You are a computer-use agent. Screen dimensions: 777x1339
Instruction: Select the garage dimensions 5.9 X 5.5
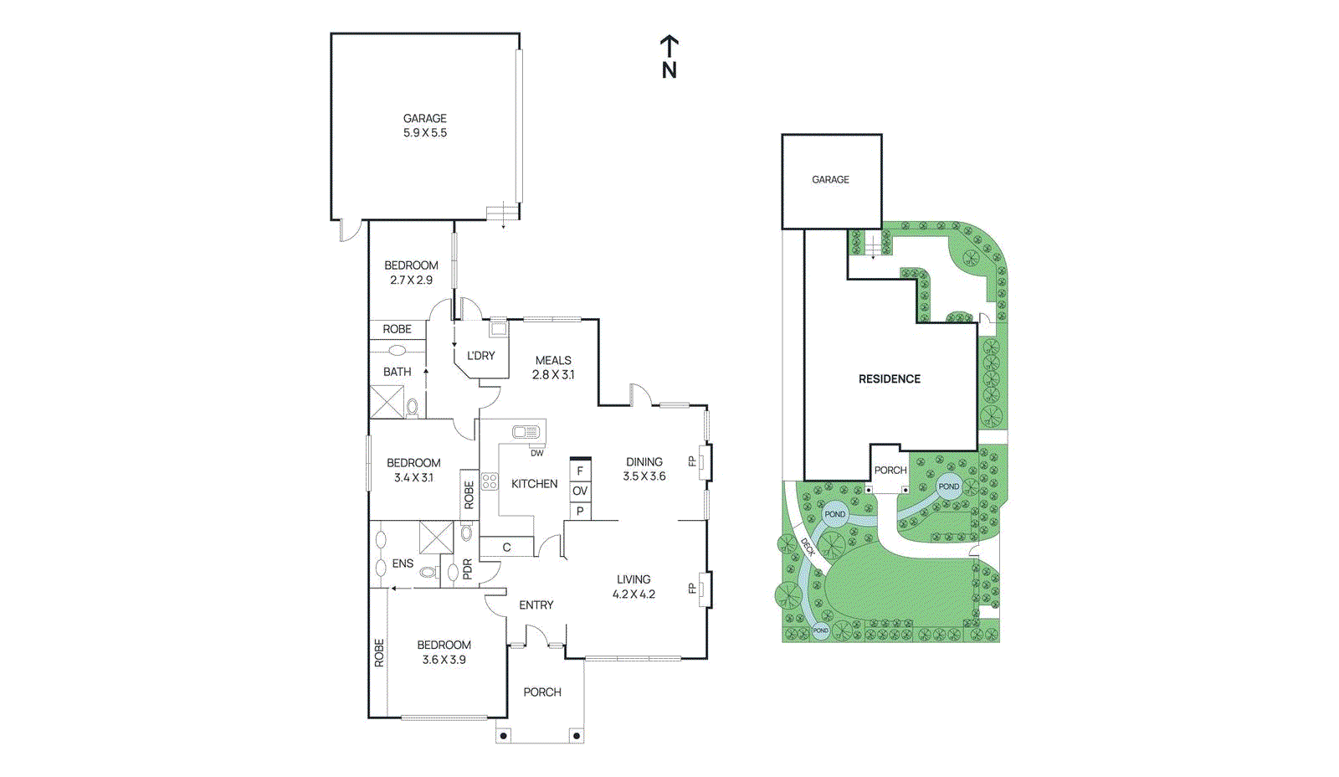tap(425, 133)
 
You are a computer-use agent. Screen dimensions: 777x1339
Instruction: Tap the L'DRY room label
tap(481, 356)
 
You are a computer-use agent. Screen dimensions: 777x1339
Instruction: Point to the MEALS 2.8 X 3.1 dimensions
tap(553, 375)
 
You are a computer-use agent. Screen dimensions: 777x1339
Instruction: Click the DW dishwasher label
tap(536, 453)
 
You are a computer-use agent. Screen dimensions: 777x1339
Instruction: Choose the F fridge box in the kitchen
tap(580, 471)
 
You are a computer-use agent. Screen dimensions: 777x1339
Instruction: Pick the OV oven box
tap(580, 491)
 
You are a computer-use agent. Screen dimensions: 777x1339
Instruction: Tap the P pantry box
tap(580, 511)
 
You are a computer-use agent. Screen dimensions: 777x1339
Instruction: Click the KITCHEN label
tap(534, 484)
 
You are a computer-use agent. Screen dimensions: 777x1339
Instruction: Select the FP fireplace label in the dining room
tap(692, 461)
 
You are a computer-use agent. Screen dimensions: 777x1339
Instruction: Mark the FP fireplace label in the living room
tap(692, 589)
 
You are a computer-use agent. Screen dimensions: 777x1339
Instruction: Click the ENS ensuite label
tap(403, 563)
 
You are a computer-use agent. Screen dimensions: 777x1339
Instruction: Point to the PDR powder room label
tap(468, 569)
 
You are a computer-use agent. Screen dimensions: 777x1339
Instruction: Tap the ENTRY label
tap(536, 605)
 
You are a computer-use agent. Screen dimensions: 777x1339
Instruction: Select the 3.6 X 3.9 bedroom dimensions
tap(444, 660)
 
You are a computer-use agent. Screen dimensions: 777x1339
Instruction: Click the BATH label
tap(398, 372)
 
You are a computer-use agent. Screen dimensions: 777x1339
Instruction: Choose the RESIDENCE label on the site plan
tap(889, 379)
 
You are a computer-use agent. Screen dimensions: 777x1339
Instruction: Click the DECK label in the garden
tap(808, 547)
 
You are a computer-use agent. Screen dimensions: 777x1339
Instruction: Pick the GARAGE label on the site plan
tap(830, 180)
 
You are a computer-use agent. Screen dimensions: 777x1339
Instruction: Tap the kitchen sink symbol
tap(526, 432)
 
